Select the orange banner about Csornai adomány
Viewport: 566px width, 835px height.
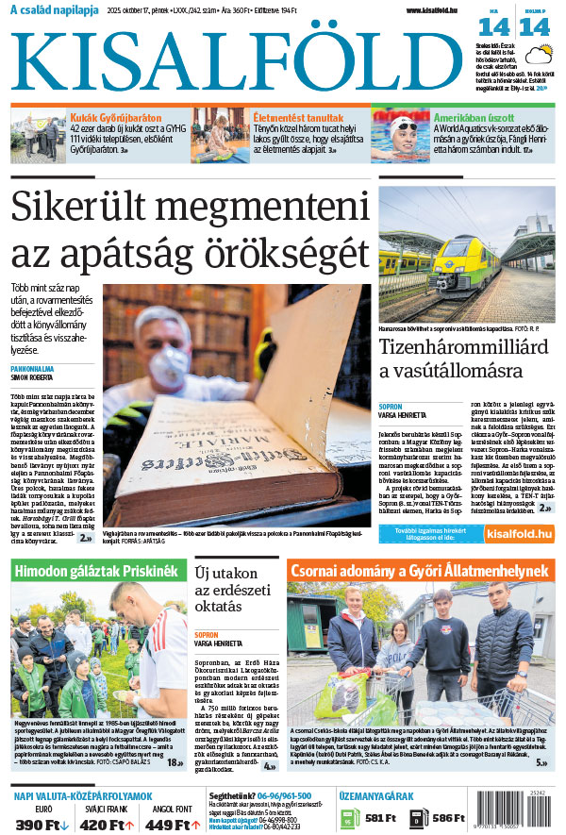(420, 572)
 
